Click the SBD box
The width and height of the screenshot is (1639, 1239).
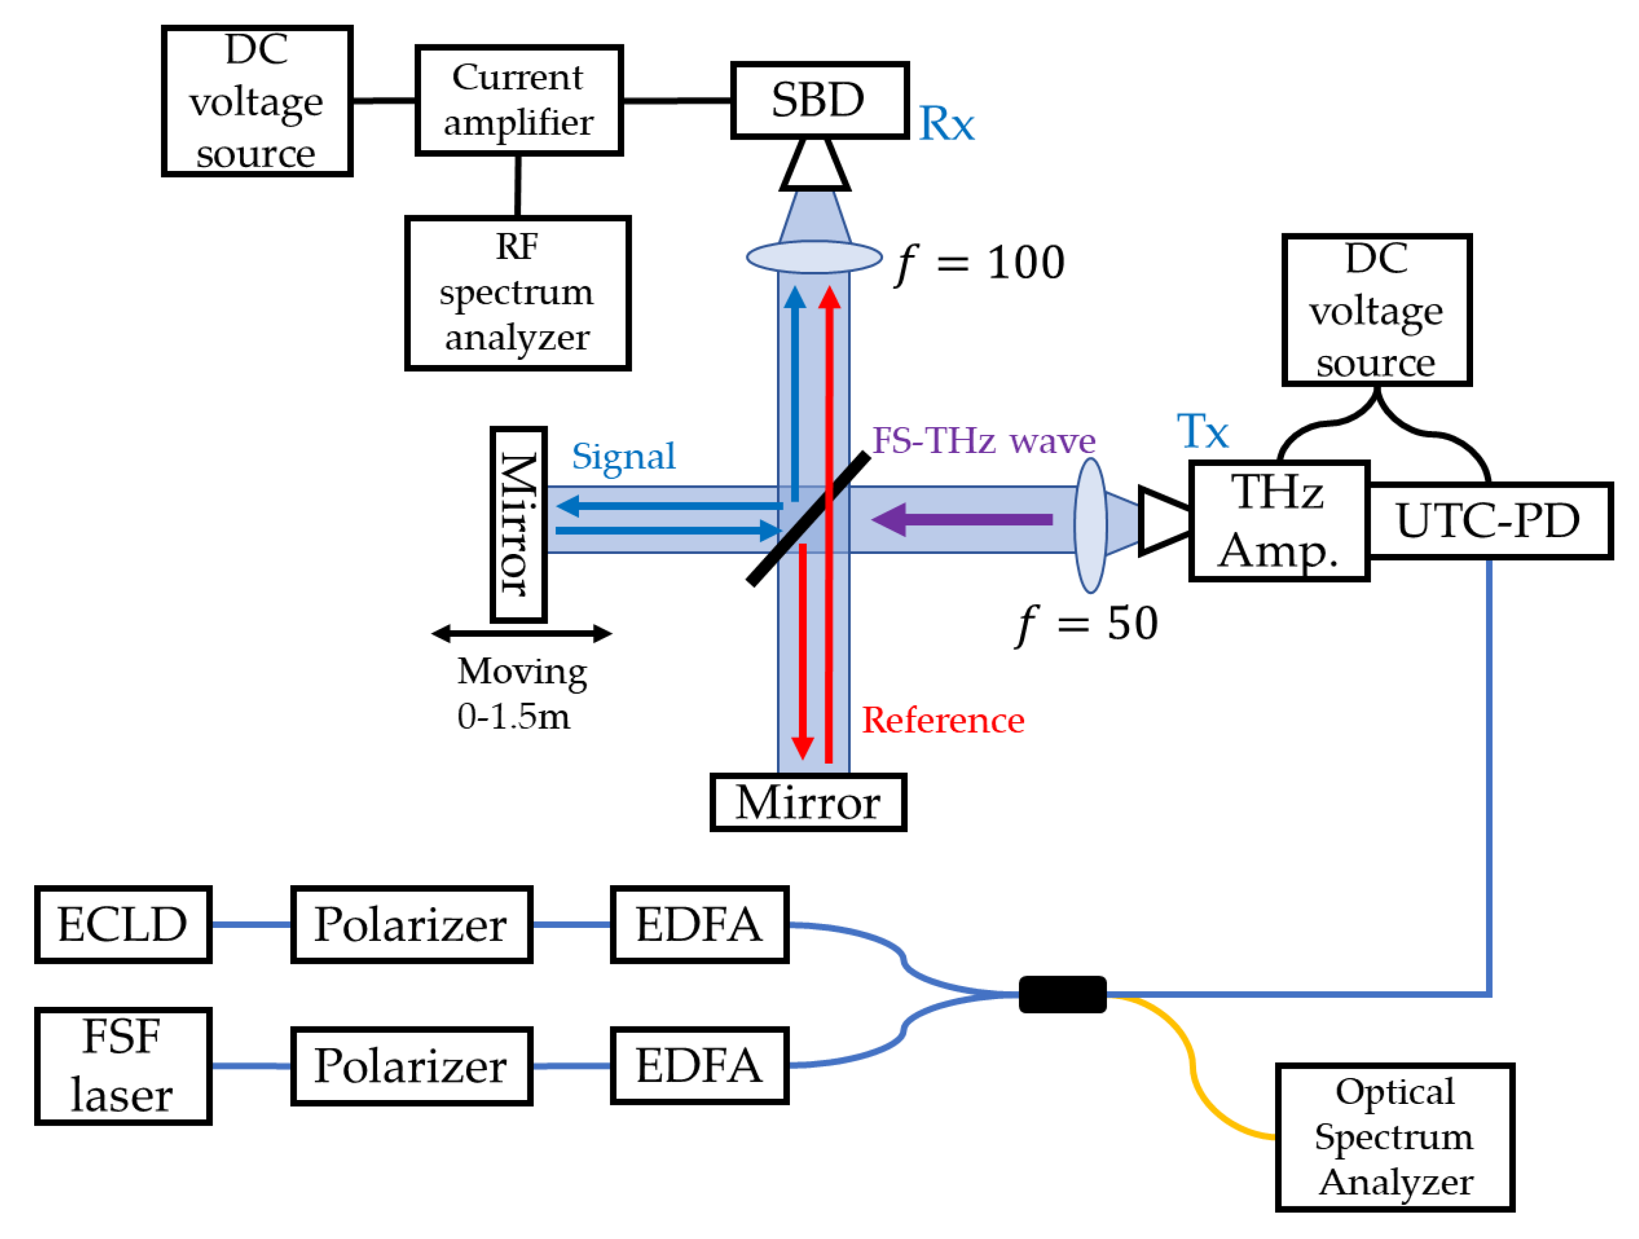point(819,100)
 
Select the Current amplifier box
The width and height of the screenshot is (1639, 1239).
point(518,100)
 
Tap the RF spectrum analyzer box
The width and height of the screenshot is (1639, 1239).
point(517,293)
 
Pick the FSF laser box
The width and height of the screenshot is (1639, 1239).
point(123,1066)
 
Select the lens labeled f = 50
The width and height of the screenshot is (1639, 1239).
point(1090,525)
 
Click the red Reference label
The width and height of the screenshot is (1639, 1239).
point(942,720)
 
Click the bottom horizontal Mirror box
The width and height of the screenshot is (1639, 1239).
point(808,802)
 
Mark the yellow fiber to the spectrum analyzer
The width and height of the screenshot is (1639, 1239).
point(1192,1067)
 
